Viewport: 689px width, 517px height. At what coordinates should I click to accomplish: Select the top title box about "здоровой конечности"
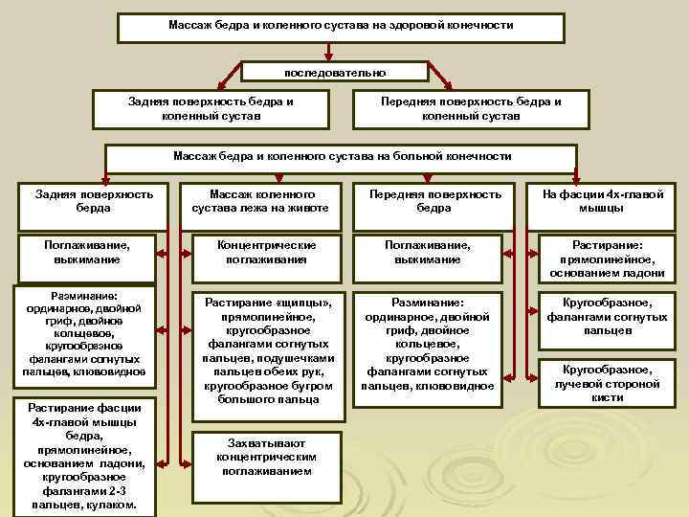[x=341, y=27]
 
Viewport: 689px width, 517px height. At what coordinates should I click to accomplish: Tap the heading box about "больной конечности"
[x=342, y=156]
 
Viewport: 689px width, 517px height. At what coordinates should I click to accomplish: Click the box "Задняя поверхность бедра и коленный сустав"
[x=211, y=108]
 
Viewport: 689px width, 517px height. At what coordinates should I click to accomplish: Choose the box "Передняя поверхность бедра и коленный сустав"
[x=471, y=108]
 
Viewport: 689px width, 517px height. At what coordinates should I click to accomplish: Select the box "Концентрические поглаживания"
[x=260, y=253]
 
